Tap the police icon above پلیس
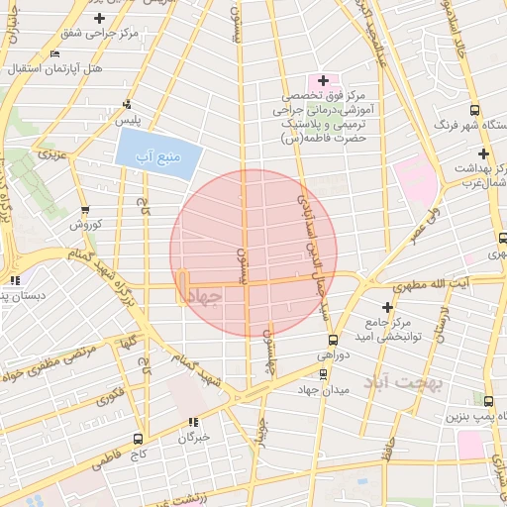[x=126, y=104]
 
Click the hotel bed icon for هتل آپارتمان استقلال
[x=52, y=53]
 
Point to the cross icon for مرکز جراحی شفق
[x=98, y=19]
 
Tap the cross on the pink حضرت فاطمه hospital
[x=323, y=79]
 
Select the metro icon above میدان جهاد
[x=323, y=373]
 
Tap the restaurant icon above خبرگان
[x=192, y=422]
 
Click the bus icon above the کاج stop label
[x=137, y=438]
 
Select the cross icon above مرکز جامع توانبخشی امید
[x=387, y=308]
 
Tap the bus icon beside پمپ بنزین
[x=489, y=400]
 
